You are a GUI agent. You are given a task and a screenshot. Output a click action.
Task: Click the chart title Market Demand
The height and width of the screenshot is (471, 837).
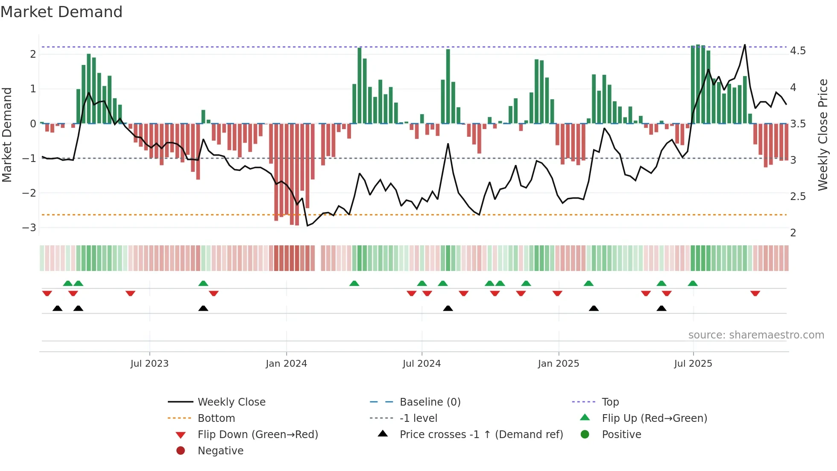(61, 12)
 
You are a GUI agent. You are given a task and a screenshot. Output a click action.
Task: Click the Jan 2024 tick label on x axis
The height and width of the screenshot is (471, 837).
(286, 364)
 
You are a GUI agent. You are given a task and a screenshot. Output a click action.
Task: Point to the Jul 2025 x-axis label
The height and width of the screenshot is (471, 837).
(693, 364)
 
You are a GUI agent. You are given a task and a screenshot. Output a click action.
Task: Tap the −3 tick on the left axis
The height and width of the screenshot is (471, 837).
(29, 227)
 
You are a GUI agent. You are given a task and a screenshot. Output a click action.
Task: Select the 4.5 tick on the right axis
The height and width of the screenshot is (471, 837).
(798, 51)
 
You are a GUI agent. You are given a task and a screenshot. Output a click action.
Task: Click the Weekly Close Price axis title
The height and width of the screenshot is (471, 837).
(822, 135)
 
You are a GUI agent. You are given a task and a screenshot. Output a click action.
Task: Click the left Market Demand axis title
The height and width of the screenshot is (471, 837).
(7, 135)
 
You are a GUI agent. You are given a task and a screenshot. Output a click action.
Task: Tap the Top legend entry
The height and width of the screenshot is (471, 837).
(610, 402)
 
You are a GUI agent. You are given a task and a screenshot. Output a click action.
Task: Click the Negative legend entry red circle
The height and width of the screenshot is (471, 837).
(181, 451)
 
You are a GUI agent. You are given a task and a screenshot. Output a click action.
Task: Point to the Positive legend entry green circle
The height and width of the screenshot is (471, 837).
(585, 435)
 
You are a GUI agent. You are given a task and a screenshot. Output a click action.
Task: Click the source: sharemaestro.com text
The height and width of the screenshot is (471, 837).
(756, 335)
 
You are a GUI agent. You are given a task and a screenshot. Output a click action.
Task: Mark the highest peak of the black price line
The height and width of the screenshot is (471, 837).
(745, 45)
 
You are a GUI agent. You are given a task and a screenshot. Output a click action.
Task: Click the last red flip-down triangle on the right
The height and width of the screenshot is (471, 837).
(755, 294)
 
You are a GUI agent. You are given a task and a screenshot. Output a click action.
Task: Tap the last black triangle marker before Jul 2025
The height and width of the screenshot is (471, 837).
(661, 309)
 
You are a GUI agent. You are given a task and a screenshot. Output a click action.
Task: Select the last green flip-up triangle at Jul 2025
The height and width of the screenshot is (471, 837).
(693, 283)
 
